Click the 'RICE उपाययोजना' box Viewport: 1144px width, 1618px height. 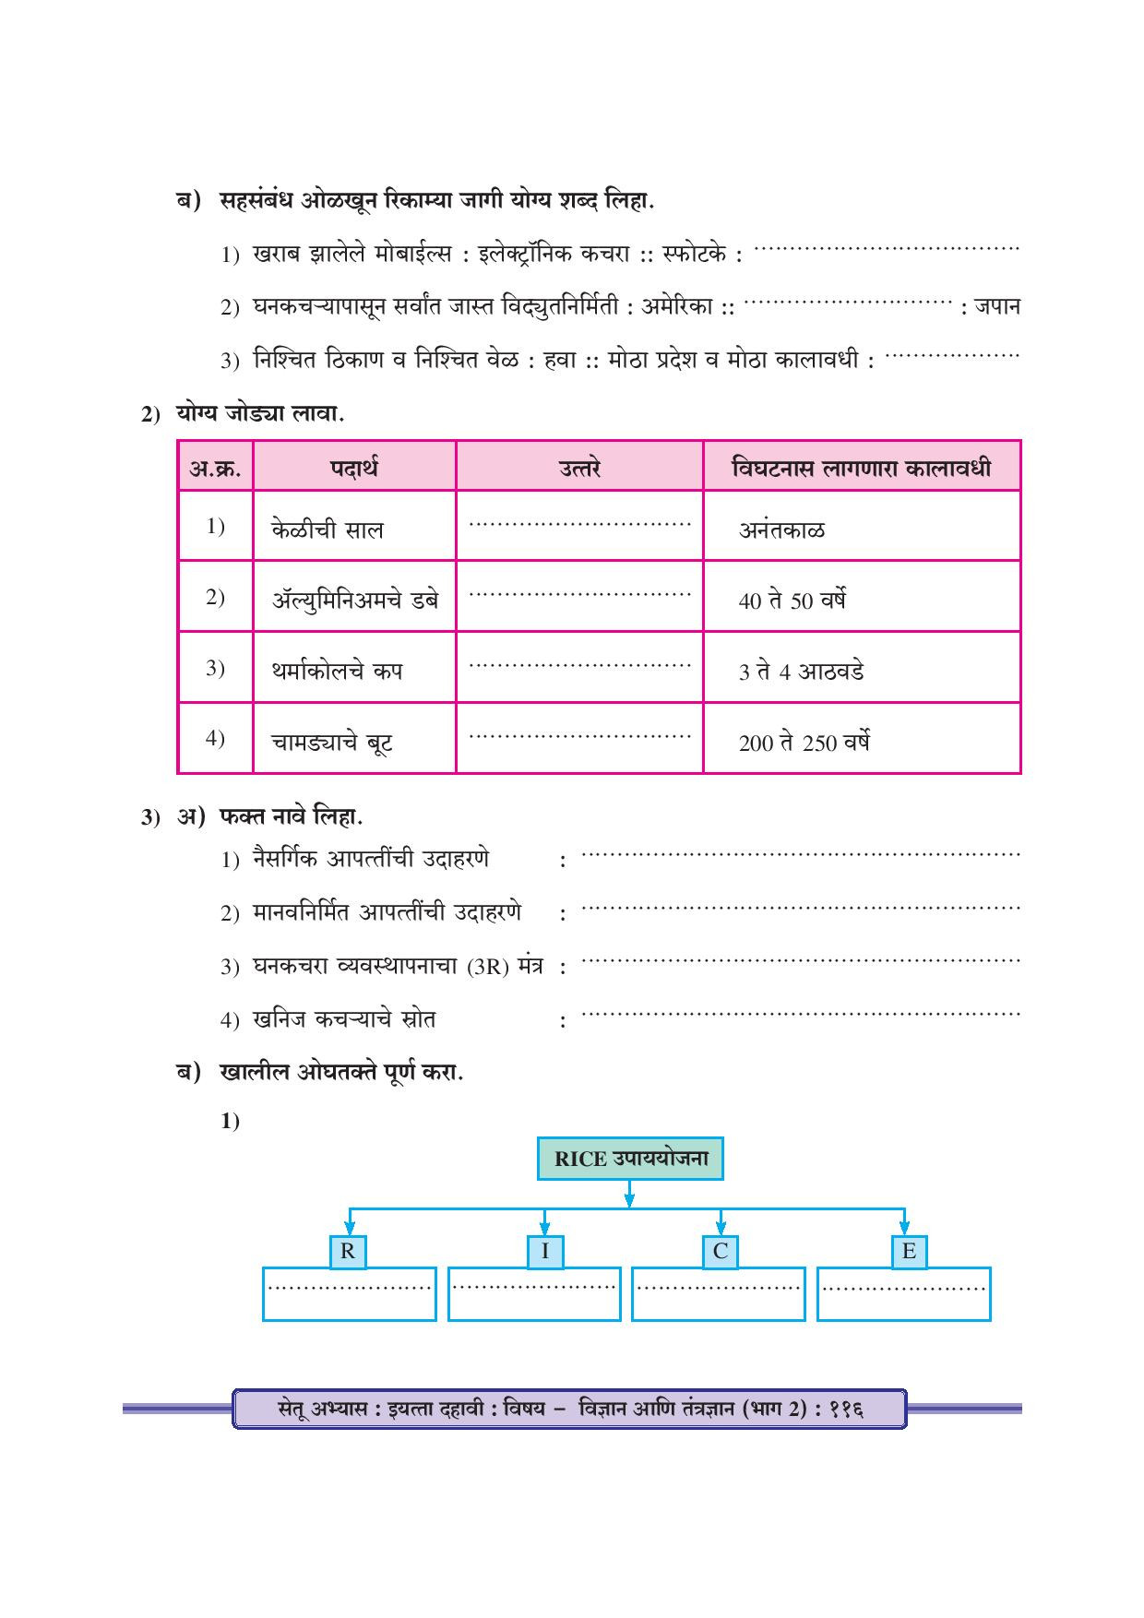tap(630, 1159)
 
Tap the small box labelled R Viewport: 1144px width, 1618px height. tap(348, 1252)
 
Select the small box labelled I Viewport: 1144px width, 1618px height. tap(545, 1252)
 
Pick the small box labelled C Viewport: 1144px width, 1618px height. tap(721, 1252)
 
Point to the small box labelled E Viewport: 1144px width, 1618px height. tap(909, 1252)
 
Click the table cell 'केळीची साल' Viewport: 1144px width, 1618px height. tap(328, 529)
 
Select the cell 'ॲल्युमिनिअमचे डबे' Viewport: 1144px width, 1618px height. tap(355, 600)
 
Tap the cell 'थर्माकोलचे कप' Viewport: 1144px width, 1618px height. tap(337, 671)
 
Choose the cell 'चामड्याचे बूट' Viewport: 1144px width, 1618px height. tap(333, 742)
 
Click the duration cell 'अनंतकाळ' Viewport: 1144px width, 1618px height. tap(781, 529)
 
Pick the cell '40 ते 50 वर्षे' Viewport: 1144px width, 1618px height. tap(792, 601)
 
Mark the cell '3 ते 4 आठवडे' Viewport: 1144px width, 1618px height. tap(801, 672)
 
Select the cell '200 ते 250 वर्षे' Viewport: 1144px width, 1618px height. tap(804, 743)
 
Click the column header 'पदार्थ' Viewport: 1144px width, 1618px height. tap(354, 468)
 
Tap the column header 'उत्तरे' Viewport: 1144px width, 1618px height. tap(579, 468)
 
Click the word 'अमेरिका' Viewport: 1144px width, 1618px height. tap(677, 306)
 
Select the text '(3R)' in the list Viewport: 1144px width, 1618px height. tap(488, 968)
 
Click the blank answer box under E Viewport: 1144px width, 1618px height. tap(903, 1295)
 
